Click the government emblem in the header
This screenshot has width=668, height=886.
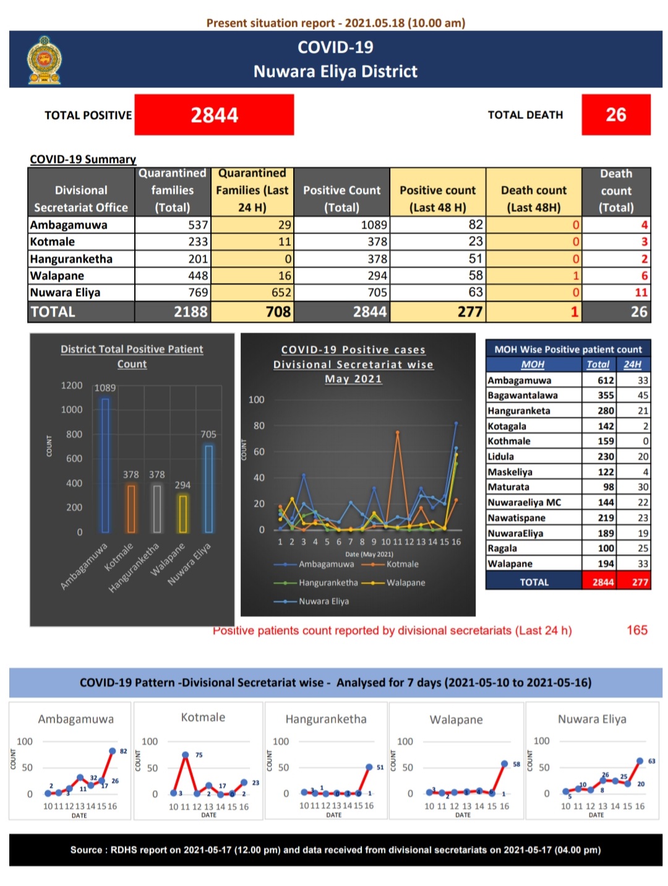45,59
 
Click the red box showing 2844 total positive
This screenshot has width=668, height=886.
214,115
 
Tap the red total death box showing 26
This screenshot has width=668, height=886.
615,115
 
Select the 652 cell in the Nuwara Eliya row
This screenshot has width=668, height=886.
252,292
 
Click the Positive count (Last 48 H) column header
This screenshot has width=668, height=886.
437,199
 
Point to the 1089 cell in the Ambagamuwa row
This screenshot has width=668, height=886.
341,225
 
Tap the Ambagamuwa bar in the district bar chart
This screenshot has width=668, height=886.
105,466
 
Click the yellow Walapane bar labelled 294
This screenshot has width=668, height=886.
182,514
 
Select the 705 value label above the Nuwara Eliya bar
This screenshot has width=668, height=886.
208,434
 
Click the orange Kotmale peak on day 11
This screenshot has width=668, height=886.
398,432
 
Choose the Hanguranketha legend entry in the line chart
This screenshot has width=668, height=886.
315,583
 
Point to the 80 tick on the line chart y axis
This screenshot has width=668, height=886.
259,425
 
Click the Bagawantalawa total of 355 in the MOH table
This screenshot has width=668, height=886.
606,395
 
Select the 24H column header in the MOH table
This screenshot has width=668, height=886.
632,365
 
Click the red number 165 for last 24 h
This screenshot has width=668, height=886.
637,630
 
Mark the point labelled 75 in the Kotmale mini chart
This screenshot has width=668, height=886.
186,755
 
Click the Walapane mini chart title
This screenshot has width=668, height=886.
456,719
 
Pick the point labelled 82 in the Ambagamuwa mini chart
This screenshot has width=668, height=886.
113,751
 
